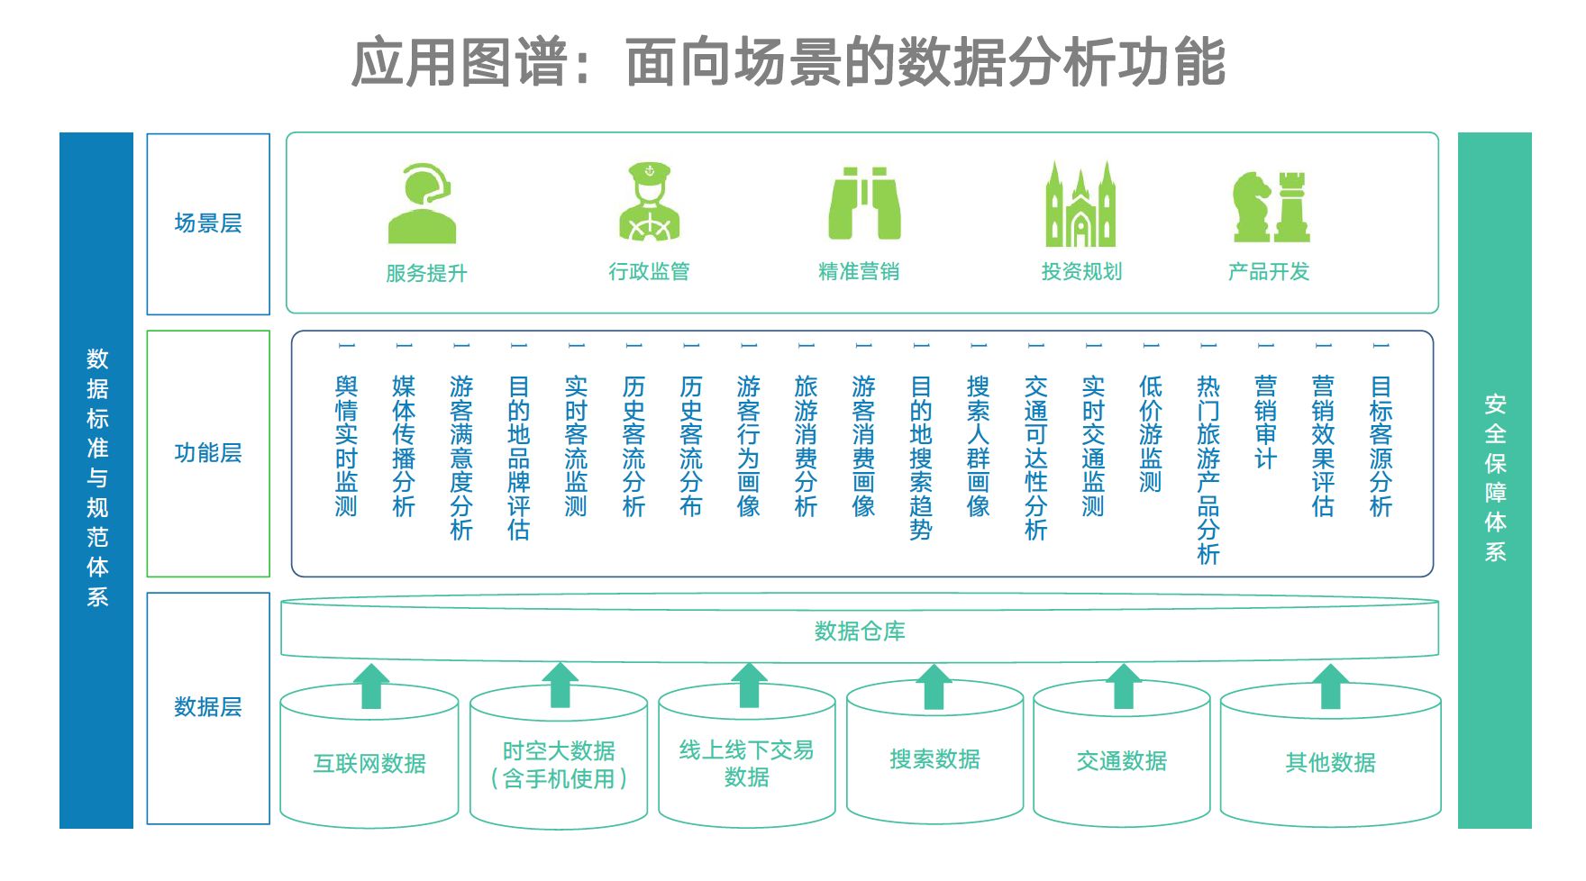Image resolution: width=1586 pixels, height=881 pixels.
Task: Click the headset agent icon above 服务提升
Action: (x=420, y=204)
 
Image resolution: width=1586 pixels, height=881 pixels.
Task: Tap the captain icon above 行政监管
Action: (x=649, y=203)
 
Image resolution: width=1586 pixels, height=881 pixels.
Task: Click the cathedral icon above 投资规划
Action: (x=1080, y=204)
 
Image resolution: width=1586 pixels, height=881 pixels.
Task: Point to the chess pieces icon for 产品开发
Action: (x=1271, y=206)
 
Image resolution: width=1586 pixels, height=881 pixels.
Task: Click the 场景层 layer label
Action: (x=208, y=223)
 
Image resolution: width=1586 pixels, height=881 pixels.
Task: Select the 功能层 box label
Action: (x=208, y=452)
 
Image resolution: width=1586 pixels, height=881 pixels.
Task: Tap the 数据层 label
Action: (x=208, y=707)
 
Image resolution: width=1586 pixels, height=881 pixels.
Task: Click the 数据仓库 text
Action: (x=860, y=631)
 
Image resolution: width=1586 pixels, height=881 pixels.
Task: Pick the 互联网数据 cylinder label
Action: (x=369, y=764)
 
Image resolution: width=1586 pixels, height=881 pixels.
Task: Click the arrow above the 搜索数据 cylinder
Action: (x=934, y=686)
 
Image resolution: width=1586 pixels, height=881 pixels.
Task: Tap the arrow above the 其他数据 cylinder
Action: (x=1331, y=686)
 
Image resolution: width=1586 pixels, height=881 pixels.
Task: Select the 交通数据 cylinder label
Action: (x=1122, y=762)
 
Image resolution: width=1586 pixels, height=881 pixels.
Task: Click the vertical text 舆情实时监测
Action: (x=347, y=446)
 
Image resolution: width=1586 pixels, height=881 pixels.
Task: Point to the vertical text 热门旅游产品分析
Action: (x=1208, y=469)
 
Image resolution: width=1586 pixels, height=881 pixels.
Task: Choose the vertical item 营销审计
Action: (x=1266, y=422)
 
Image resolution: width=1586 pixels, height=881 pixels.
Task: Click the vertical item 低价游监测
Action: (x=1151, y=434)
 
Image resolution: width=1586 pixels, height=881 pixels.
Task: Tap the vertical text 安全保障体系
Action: (x=1495, y=478)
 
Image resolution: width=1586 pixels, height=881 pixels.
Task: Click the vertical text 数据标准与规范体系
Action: (x=97, y=478)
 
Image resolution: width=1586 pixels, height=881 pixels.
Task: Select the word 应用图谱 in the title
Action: (x=459, y=63)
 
